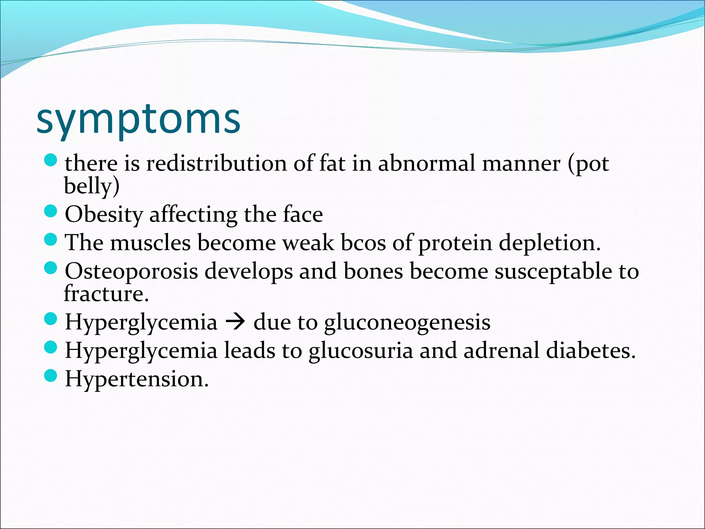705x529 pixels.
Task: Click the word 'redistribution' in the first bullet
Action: pos(217,163)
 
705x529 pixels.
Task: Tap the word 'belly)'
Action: pos(92,186)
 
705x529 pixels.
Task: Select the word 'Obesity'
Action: pos(104,215)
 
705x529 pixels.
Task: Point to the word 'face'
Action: pos(303,214)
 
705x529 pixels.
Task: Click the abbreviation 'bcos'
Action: pos(363,243)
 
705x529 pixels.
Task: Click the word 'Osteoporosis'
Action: pos(131,271)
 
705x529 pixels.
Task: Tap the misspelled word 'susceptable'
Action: pos(553,271)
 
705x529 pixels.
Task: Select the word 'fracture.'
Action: pos(106,294)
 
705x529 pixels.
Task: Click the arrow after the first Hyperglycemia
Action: pos(235,323)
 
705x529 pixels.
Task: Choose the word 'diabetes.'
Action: pos(591,351)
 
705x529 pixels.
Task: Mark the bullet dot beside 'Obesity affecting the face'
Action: pos(51,211)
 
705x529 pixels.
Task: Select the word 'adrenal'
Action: pos(501,351)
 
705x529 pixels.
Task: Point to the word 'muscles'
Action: pos(150,243)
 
